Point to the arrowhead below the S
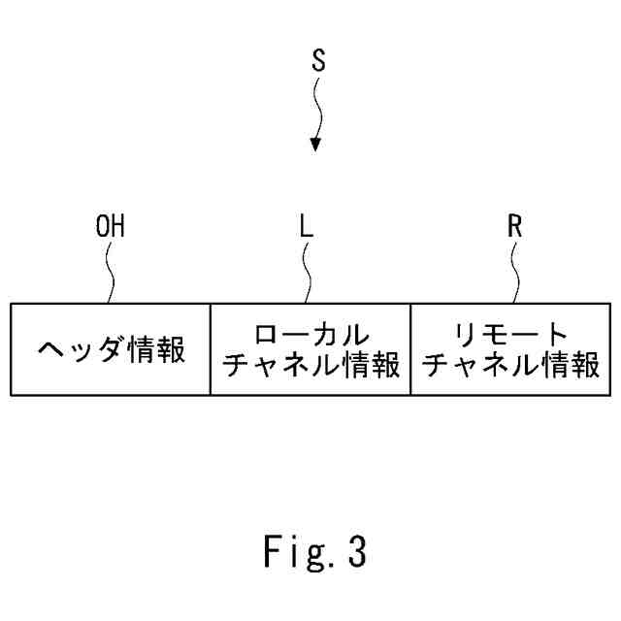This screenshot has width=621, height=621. click(x=314, y=144)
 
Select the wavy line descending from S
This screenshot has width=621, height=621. click(x=316, y=107)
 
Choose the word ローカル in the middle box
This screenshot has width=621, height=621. click(x=310, y=335)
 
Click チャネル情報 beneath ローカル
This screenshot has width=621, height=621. click(x=310, y=368)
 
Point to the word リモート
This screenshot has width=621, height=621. click(x=511, y=335)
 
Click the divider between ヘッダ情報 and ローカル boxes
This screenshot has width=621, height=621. click(x=211, y=350)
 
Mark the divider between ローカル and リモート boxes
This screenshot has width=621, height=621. click(x=410, y=350)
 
